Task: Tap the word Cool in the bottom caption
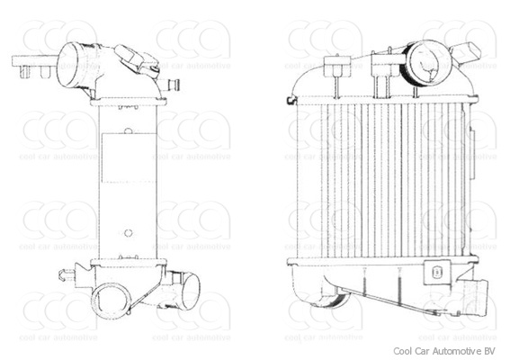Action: (402, 351)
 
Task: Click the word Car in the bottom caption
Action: (423, 351)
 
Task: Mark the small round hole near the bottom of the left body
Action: (128, 232)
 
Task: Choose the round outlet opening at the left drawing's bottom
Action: (113, 297)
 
